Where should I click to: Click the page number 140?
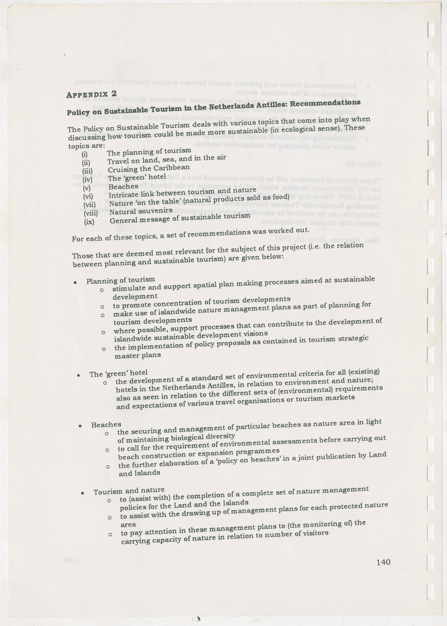click(383, 562)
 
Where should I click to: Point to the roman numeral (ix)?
click(89, 221)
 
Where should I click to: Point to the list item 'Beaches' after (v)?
click(123, 186)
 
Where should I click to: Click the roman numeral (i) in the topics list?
click(84, 154)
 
